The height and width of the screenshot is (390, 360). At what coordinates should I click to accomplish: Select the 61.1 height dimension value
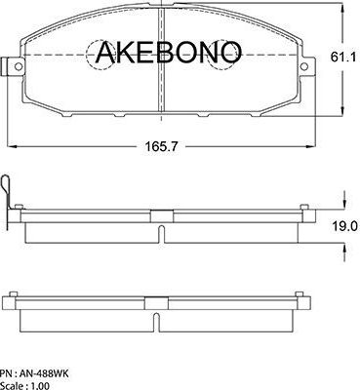341,59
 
